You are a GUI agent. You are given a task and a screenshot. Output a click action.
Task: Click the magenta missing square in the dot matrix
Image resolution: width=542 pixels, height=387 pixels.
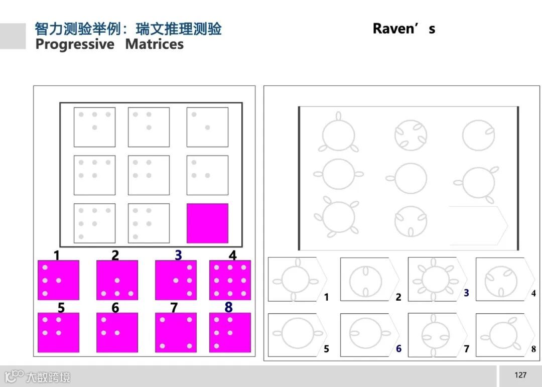(207, 223)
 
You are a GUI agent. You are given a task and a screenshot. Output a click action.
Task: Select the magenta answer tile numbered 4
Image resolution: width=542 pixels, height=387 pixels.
(230, 280)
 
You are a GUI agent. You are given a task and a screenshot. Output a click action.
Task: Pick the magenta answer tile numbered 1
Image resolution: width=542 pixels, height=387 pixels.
(58, 280)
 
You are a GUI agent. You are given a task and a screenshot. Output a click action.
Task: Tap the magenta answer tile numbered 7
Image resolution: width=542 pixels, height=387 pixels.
(175, 332)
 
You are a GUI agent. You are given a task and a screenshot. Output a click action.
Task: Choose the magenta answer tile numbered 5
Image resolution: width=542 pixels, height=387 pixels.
(58, 332)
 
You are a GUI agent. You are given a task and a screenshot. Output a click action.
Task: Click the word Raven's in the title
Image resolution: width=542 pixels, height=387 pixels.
(403, 29)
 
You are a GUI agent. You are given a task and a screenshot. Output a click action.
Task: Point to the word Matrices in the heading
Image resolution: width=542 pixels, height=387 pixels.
(154, 44)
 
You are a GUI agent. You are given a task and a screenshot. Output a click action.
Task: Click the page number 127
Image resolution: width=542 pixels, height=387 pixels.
(520, 375)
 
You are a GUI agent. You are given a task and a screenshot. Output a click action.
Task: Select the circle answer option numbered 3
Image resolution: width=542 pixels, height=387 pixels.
(435, 279)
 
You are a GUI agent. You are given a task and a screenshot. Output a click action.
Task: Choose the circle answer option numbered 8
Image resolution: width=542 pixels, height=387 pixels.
(502, 334)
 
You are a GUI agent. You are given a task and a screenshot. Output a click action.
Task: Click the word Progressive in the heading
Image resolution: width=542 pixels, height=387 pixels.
(75, 44)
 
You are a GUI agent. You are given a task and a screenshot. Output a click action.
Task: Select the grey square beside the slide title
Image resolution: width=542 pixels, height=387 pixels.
(13, 36)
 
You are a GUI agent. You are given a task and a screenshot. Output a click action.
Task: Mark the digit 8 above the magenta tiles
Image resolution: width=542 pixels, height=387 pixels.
(228, 307)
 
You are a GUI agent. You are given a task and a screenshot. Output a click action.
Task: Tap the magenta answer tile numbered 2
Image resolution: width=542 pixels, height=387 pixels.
(117, 280)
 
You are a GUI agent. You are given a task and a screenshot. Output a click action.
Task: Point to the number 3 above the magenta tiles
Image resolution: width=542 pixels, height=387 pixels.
(178, 255)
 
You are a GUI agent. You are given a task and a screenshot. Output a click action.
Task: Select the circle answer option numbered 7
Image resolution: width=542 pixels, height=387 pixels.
(435, 335)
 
